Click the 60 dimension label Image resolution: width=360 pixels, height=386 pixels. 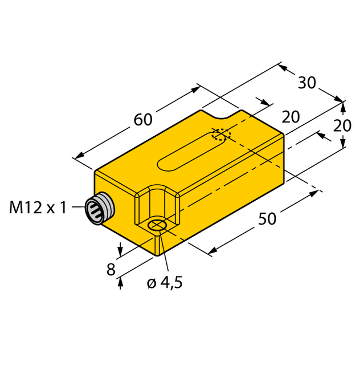tap(143, 120)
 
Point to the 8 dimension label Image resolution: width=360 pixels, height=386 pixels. tap(111, 268)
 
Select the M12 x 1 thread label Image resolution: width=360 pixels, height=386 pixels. tap(38, 208)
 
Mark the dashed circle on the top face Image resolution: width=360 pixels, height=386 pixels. tap(222, 135)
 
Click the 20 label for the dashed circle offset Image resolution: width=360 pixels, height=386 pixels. tap(291, 117)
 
